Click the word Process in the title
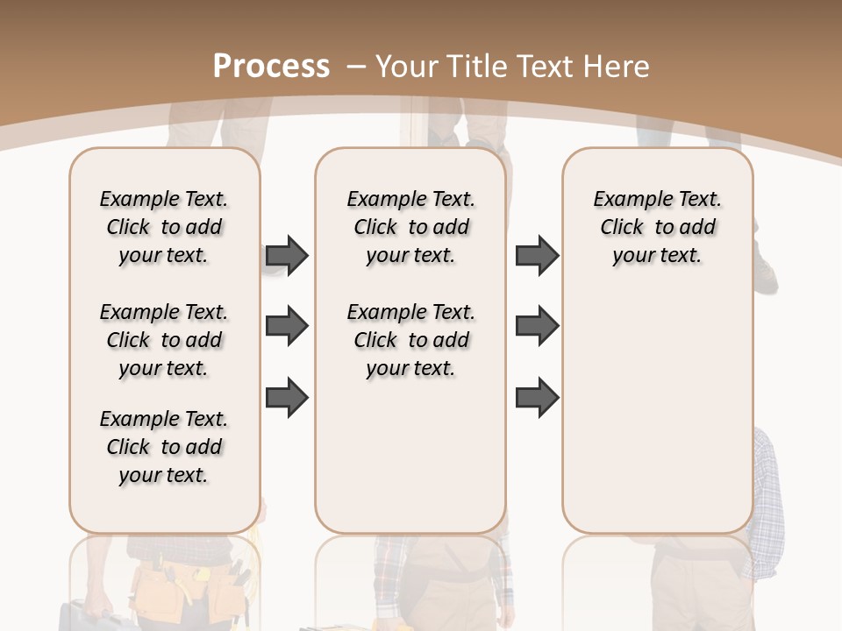tap(271, 67)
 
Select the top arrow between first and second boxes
tap(287, 255)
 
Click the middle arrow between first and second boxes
tap(287, 327)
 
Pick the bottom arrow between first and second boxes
tap(287, 398)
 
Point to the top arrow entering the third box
tap(537, 255)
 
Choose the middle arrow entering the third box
tap(537, 327)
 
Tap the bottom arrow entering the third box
tap(537, 398)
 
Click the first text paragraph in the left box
tap(164, 227)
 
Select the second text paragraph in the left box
tap(164, 340)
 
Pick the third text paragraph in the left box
tap(164, 447)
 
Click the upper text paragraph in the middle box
tap(410, 227)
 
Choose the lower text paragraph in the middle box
tap(410, 340)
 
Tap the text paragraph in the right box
tap(657, 227)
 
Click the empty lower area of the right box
tap(657, 412)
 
